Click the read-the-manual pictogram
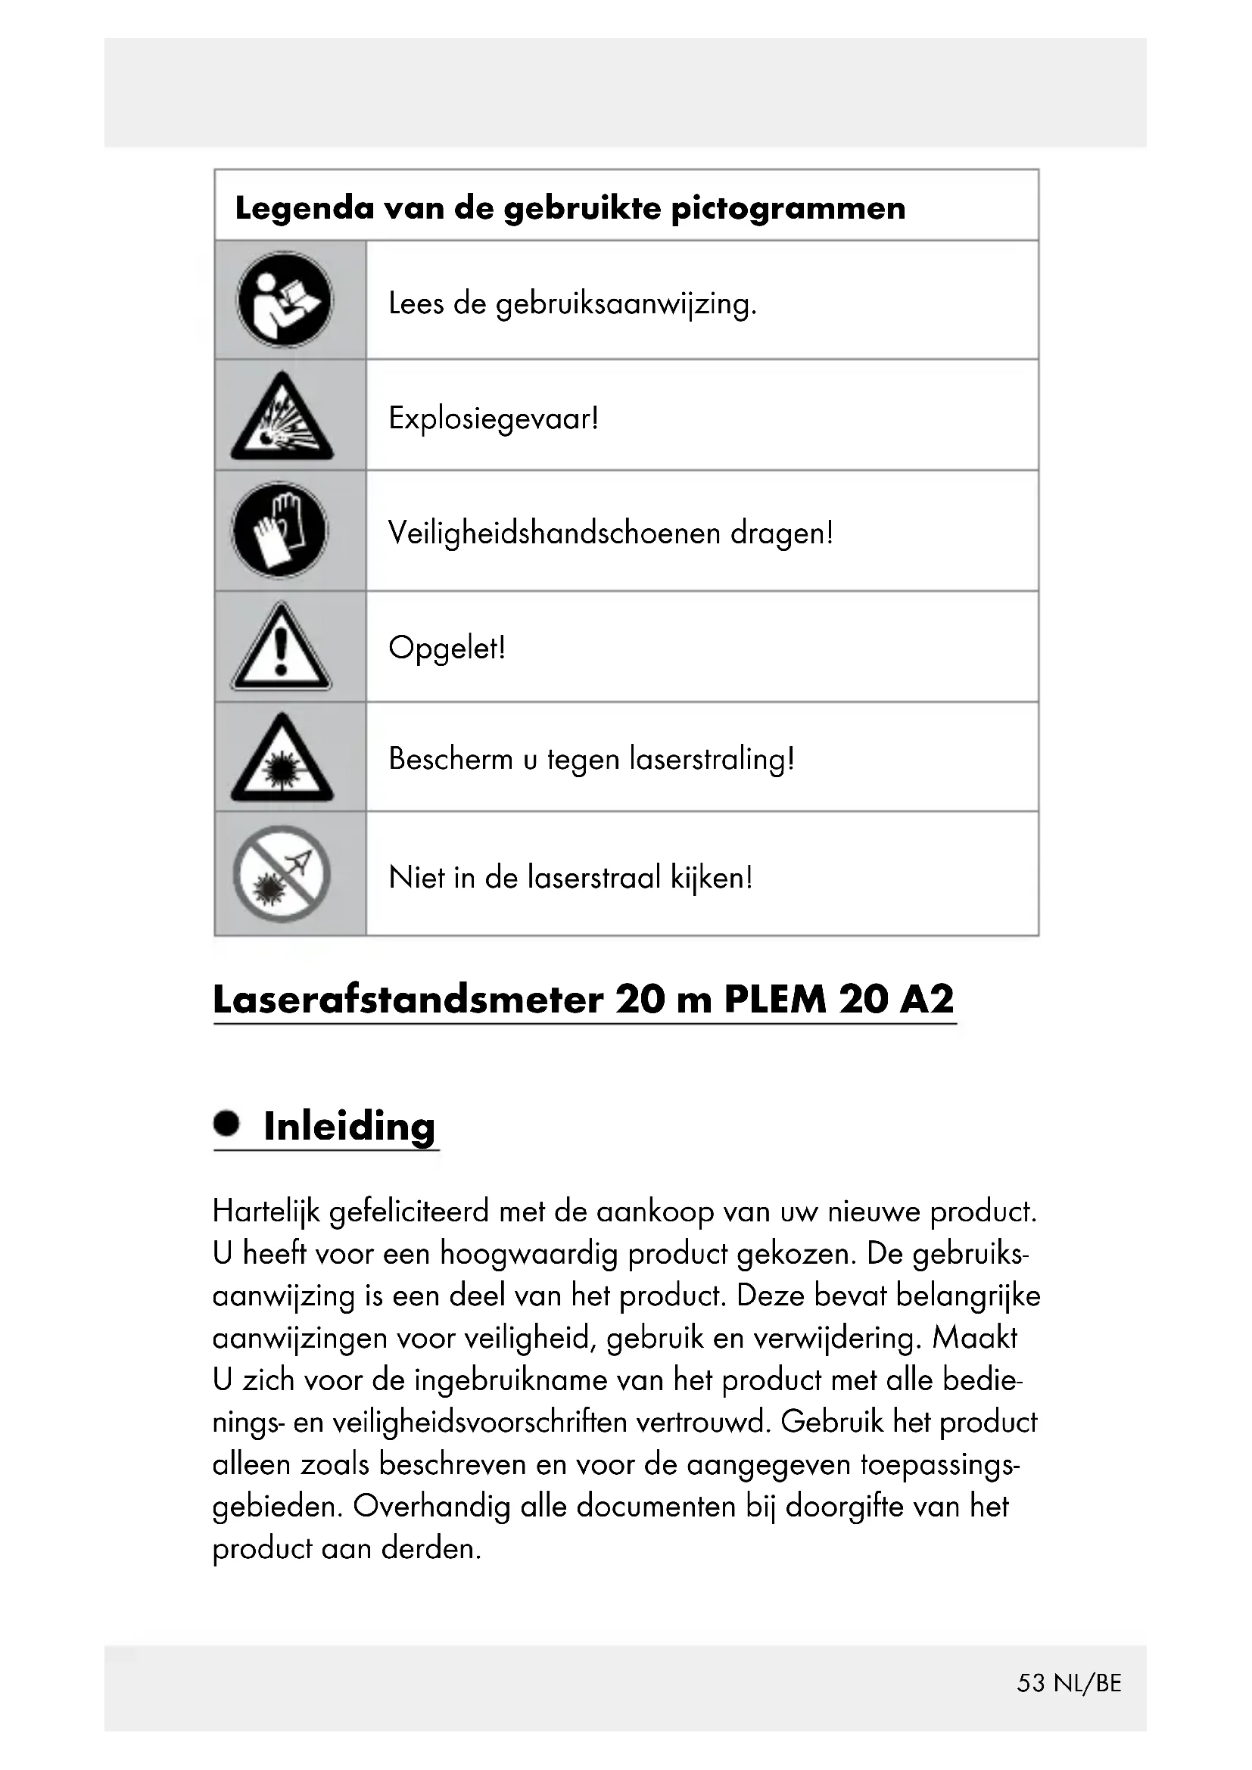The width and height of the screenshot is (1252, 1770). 285,300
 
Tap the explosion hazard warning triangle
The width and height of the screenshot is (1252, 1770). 282,418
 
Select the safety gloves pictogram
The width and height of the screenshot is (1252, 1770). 280,530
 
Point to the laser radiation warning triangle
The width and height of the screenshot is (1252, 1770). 282,759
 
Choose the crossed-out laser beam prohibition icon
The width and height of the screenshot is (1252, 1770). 282,874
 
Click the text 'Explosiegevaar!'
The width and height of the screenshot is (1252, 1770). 494,418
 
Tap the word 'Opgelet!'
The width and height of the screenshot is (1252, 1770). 447,648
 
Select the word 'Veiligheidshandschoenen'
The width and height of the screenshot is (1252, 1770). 554,533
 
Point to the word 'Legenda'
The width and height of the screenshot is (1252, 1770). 304,208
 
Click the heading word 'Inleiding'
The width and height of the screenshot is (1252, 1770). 349,1126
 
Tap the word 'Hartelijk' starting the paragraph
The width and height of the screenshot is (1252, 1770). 266,1212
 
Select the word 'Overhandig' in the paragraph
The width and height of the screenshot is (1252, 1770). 431,1507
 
